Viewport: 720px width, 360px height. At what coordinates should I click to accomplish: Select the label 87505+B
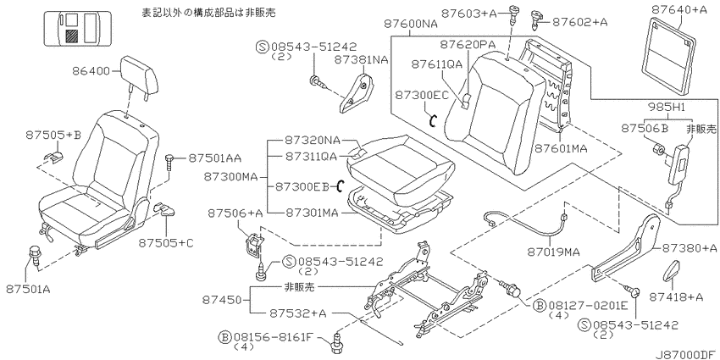click(53, 135)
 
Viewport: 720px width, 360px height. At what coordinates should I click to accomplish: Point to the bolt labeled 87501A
click(34, 255)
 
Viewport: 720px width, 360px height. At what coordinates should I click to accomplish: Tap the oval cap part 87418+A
click(673, 270)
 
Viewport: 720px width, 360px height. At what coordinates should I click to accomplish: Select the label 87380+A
click(690, 248)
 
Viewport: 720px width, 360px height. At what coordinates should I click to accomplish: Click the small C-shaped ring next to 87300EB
click(341, 186)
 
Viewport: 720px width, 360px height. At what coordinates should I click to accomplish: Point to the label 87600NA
click(411, 23)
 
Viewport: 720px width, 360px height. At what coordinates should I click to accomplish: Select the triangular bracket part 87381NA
click(357, 91)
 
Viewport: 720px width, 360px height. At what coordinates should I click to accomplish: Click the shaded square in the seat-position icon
click(72, 36)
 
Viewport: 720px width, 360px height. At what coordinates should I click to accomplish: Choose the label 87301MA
click(312, 213)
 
